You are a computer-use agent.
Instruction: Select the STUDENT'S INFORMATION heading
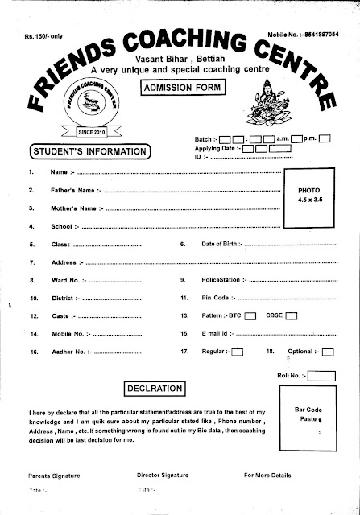tap(89, 150)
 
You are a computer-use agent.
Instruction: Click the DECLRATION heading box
tap(156, 389)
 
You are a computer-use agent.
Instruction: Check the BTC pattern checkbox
tap(250, 315)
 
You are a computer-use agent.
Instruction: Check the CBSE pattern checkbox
tap(292, 315)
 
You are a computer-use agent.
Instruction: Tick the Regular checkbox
tap(238, 352)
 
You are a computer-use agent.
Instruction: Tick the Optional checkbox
tap(327, 352)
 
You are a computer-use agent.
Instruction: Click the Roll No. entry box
tap(321, 374)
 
